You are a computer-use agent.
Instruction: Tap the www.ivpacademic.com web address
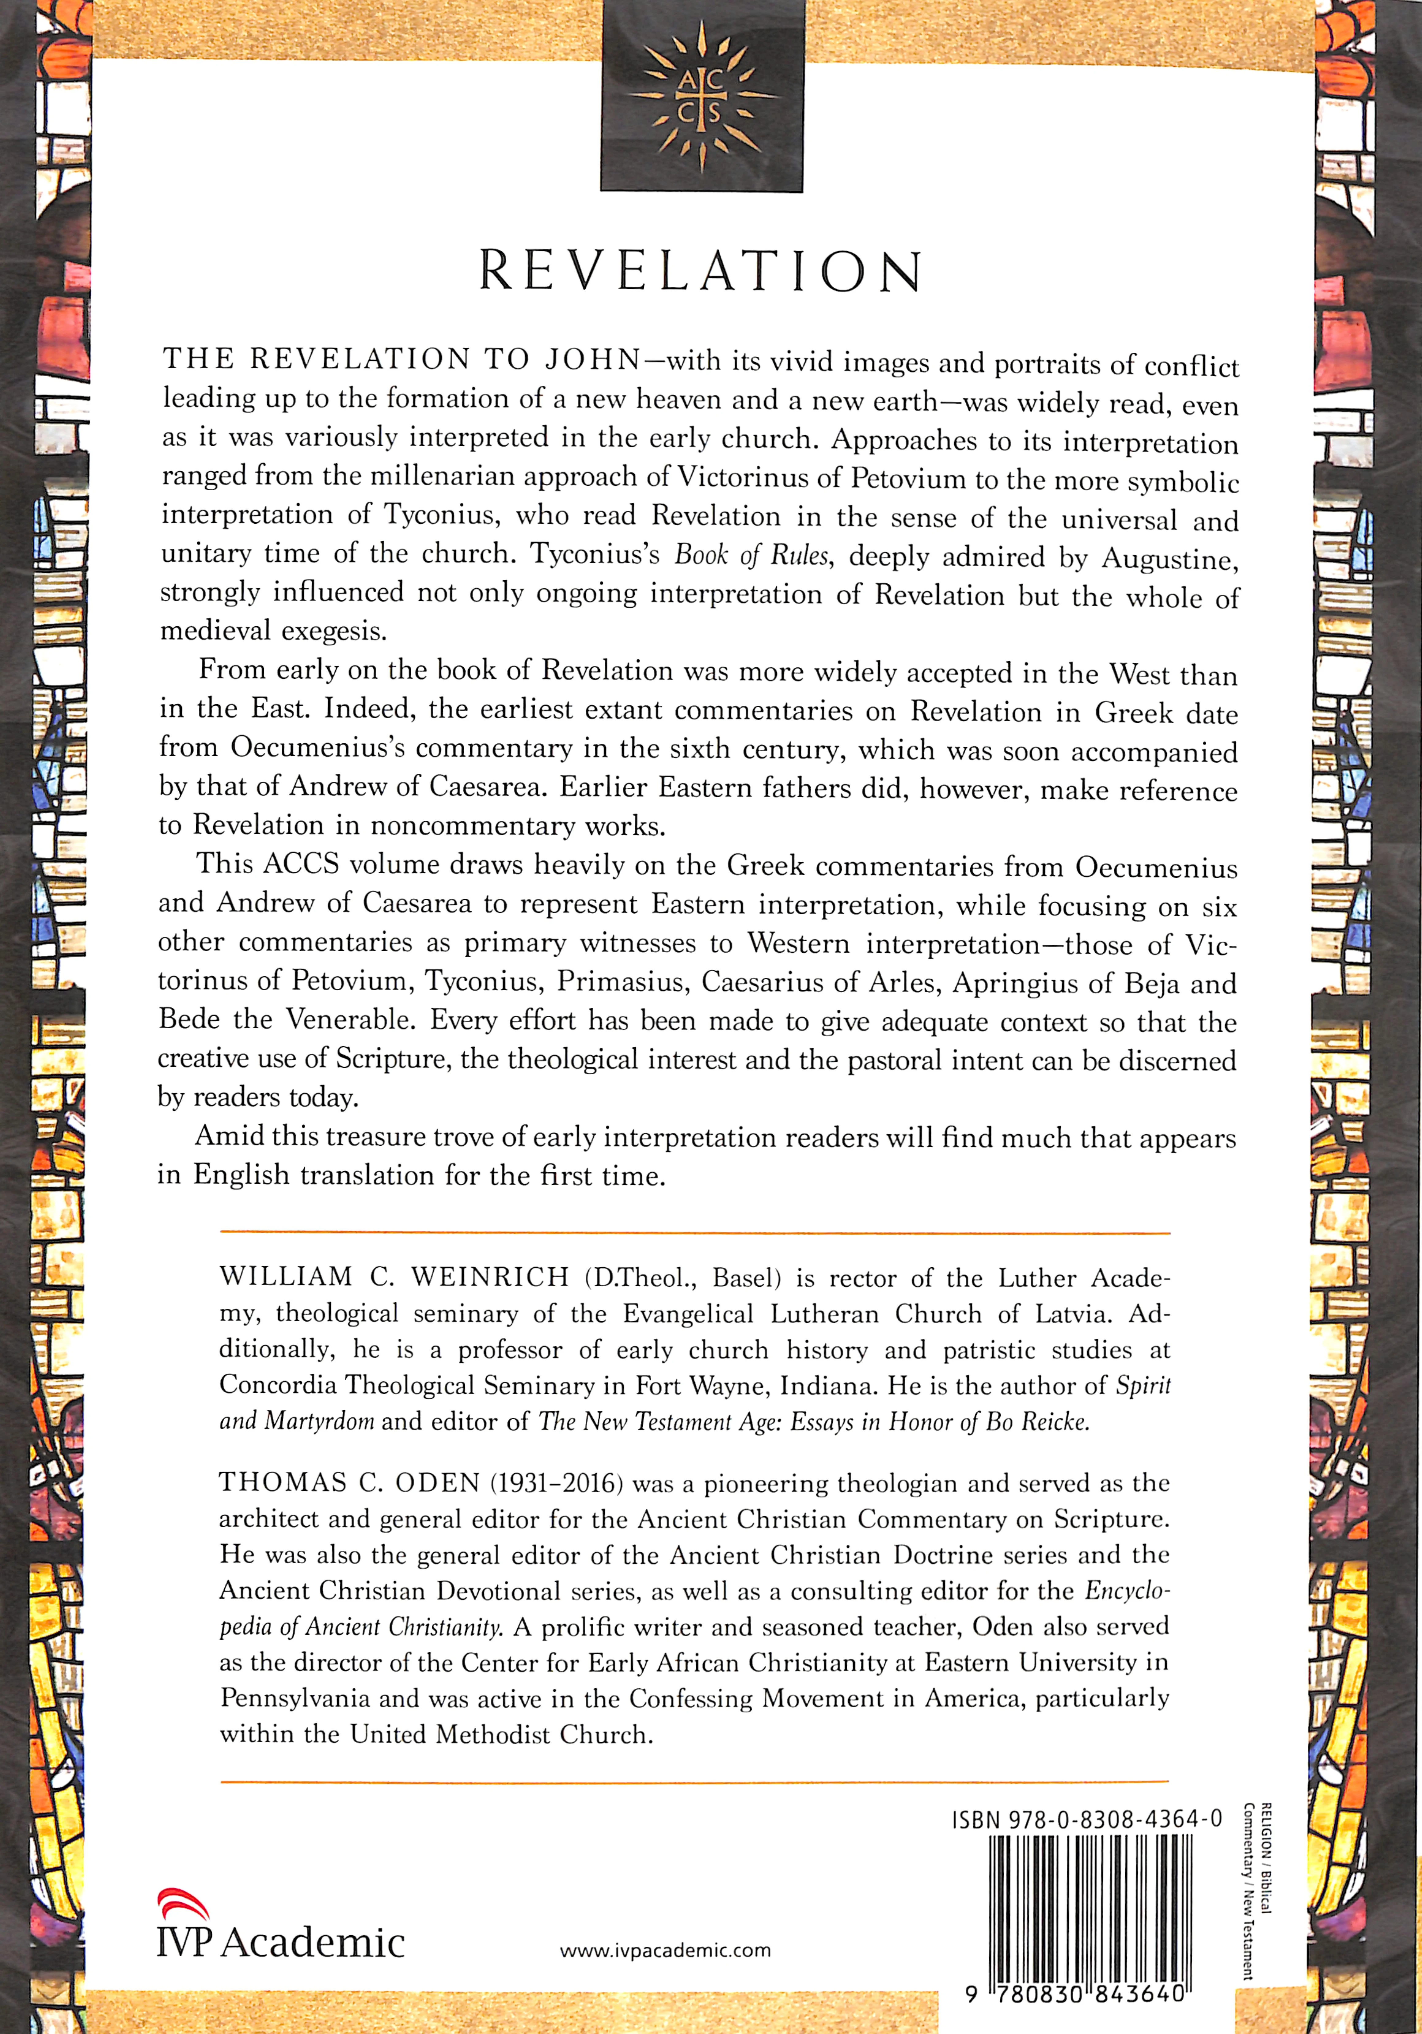[x=665, y=1951]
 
